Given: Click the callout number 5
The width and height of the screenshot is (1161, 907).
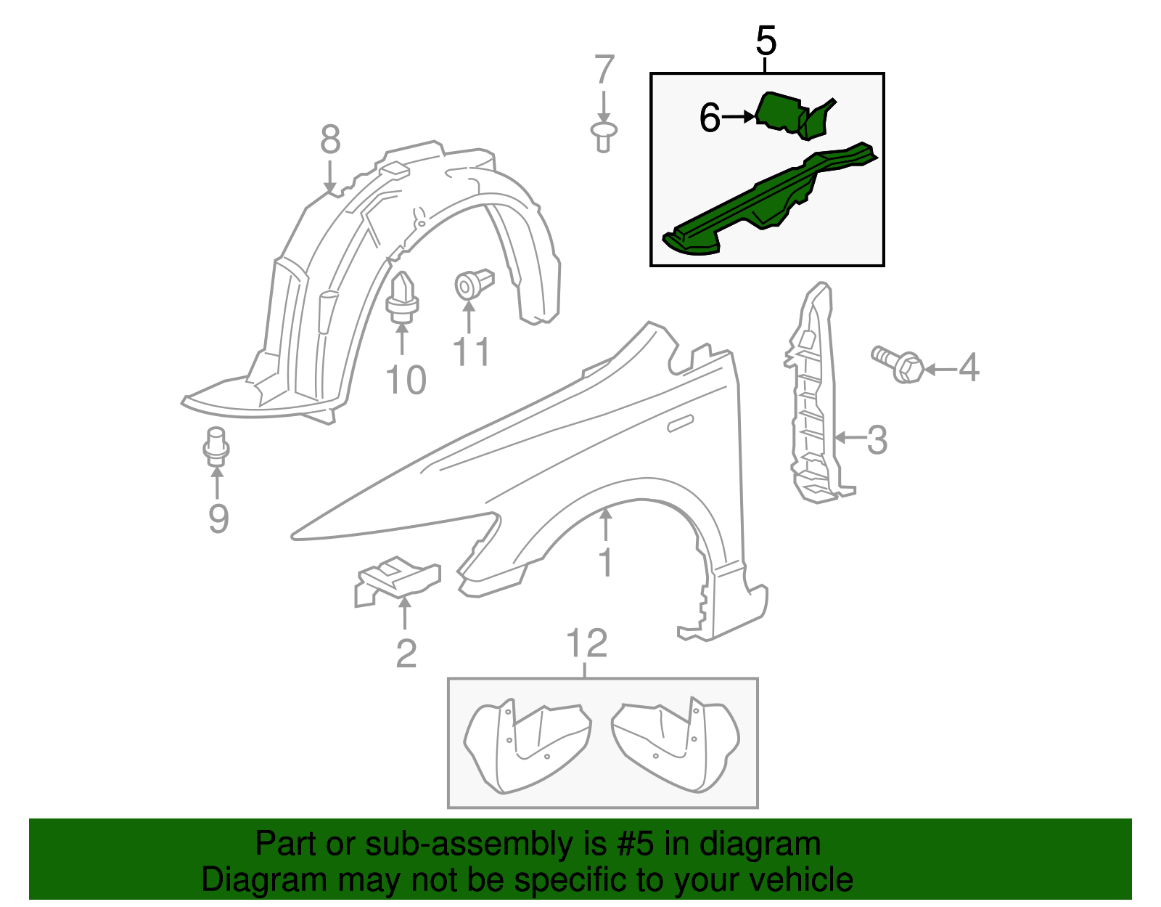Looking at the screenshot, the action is (766, 41).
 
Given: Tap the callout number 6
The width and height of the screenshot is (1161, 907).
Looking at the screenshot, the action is (710, 118).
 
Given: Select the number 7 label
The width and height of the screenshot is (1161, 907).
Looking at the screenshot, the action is (604, 71).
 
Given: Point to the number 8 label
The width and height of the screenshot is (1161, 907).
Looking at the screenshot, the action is (330, 139).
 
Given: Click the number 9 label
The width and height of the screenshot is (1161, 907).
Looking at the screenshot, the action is (218, 518).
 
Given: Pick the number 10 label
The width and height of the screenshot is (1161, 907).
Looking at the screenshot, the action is (406, 380).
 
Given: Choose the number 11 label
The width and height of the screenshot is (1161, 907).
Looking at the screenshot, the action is (471, 352).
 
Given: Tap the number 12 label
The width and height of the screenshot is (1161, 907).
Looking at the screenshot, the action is (586, 643).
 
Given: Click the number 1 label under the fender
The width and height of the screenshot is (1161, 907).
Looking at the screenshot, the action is (605, 563).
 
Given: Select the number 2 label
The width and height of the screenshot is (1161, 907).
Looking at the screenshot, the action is (406, 653).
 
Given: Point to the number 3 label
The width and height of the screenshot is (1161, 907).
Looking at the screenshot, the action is (877, 439).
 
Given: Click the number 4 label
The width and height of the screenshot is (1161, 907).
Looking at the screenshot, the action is (969, 368).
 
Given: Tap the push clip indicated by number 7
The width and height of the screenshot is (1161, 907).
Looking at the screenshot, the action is (604, 136).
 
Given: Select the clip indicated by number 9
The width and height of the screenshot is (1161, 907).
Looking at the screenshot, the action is (216, 446).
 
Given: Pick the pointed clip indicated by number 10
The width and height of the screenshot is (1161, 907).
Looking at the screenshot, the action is (401, 298).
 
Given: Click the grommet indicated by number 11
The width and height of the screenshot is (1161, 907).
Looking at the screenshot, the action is (472, 284).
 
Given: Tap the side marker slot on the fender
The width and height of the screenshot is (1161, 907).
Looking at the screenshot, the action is (681, 424).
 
